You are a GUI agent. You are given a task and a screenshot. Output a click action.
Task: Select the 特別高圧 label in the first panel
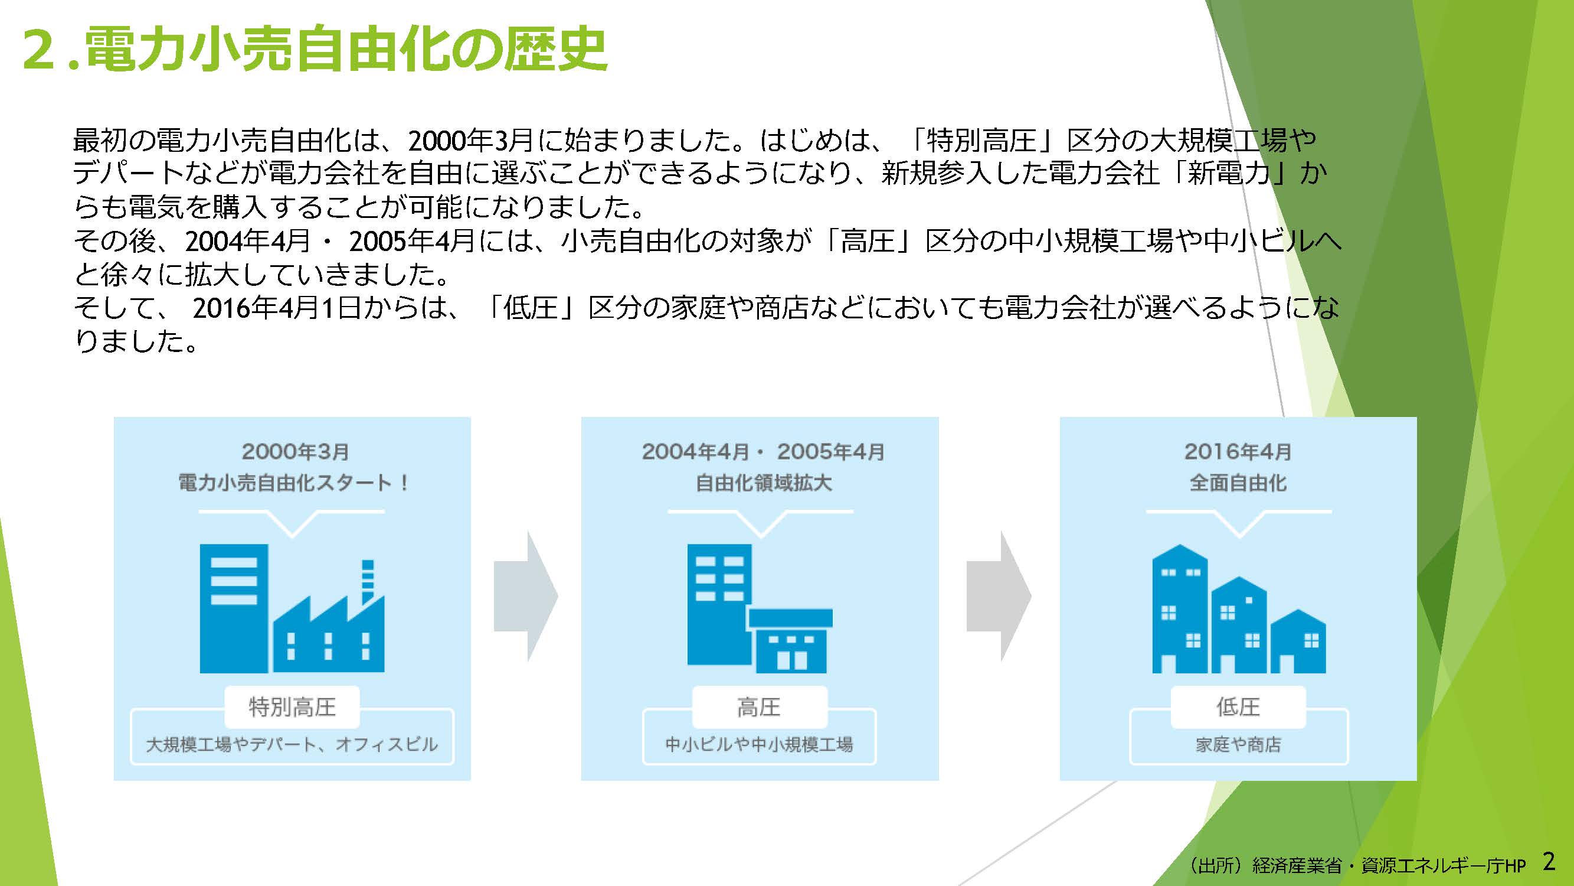coord(292,707)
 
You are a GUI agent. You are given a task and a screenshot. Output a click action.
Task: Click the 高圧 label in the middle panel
coord(759,708)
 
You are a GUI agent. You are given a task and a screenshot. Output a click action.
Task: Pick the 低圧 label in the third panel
coord(1238,707)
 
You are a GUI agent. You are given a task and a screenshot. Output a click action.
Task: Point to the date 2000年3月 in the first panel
coord(295,452)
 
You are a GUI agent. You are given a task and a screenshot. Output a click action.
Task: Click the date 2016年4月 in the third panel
coord(1238,452)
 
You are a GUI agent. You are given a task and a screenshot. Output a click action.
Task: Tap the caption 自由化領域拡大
coord(763,483)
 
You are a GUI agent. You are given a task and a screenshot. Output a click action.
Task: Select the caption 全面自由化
coord(1238,483)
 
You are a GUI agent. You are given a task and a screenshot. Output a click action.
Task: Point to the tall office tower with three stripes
coord(233,608)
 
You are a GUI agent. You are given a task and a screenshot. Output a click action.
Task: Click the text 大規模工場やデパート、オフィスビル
coord(292,744)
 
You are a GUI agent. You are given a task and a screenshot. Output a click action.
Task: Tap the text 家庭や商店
coord(1238,745)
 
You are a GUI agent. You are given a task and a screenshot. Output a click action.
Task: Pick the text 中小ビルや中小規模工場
coord(759,745)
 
